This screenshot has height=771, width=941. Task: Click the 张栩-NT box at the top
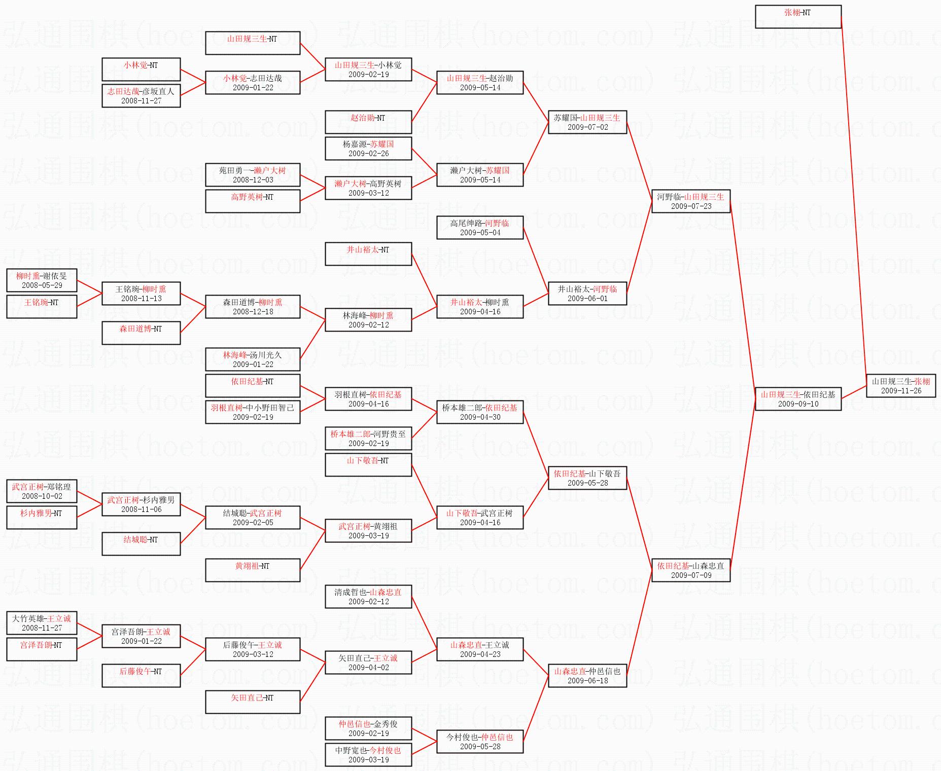798,17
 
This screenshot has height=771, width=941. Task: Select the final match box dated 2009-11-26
901,386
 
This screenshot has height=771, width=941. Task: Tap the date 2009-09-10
798,404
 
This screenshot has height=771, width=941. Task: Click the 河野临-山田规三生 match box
690,201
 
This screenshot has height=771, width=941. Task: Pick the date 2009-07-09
691,575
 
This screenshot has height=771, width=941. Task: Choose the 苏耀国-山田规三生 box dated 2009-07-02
587,122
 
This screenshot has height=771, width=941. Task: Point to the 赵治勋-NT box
368,122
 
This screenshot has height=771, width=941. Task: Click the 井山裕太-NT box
368,254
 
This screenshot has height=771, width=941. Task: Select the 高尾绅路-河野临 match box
480,228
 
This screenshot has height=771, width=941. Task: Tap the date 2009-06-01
587,299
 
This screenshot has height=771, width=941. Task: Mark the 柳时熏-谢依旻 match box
42,280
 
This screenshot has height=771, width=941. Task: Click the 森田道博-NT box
141,333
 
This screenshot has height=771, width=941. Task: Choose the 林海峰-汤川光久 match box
253,359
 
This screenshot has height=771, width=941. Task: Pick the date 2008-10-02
42,496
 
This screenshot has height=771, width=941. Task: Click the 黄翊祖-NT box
253,570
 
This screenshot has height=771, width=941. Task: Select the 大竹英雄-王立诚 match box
42,623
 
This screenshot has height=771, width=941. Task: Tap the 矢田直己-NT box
253,702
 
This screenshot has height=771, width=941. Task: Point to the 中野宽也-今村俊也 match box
368,755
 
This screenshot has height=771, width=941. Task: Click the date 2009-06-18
587,681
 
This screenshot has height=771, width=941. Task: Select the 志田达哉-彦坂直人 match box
141,96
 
